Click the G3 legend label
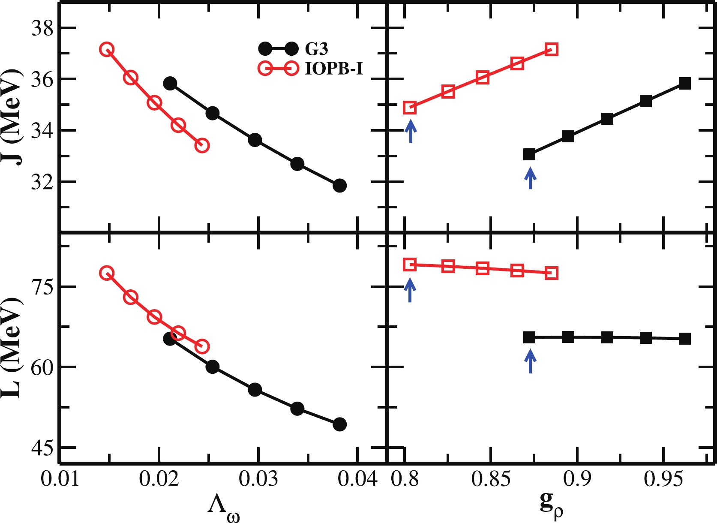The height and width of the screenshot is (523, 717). [x=316, y=49]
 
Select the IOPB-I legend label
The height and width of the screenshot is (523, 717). [x=334, y=69]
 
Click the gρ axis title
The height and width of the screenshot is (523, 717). [x=551, y=506]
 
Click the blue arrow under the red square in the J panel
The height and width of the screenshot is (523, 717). [x=411, y=131]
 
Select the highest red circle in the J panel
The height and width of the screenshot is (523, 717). [x=106, y=49]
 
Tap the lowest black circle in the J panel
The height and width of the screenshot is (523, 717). [x=339, y=186]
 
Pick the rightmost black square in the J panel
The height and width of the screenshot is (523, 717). [x=684, y=84]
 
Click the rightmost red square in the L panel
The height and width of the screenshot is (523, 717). [x=552, y=273]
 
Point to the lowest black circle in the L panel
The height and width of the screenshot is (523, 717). [x=339, y=424]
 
